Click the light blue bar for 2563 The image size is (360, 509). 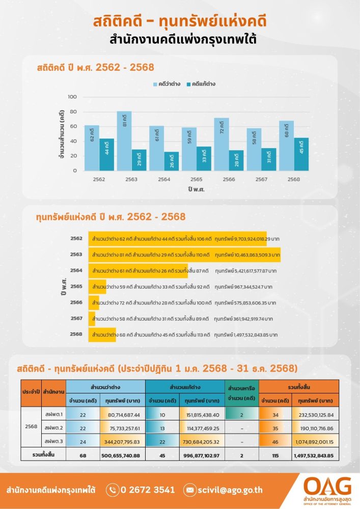(x=124, y=140)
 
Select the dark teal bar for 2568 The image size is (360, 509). (x=300, y=154)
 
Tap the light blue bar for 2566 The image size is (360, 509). (x=221, y=144)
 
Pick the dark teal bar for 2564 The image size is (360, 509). (x=171, y=161)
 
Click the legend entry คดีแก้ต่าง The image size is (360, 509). (x=199, y=83)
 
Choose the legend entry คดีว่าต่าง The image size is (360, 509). (x=164, y=83)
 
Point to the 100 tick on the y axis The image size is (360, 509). (x=72, y=97)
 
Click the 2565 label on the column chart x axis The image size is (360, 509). (x=196, y=179)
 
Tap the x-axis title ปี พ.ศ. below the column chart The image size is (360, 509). (x=196, y=189)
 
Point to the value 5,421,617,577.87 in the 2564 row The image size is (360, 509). (x=246, y=271)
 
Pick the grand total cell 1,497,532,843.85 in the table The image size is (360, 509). (x=314, y=455)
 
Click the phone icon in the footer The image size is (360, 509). (x=113, y=490)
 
